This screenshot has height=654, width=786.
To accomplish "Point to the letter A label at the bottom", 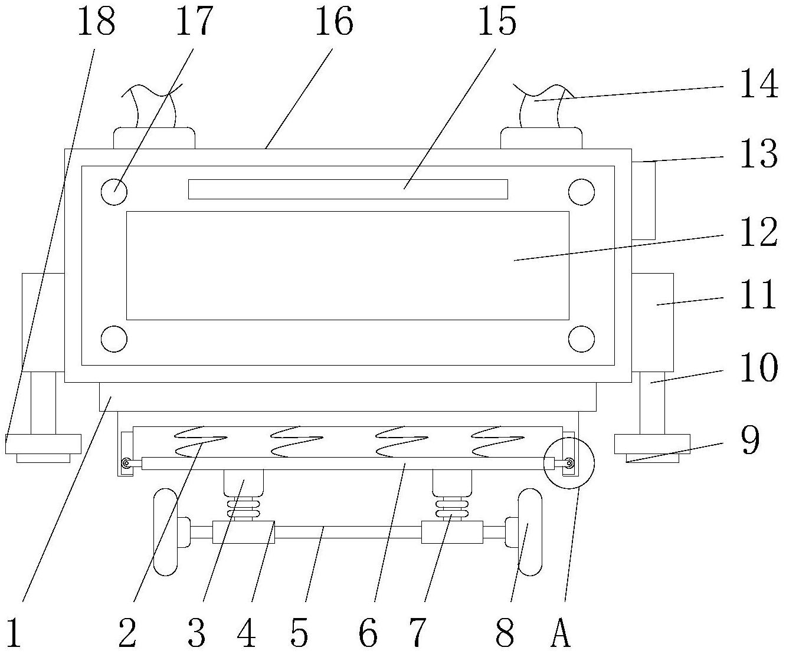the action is click(561, 635).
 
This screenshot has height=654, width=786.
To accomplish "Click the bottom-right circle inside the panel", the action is click(581, 339).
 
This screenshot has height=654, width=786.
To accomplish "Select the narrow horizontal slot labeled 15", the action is click(348, 189).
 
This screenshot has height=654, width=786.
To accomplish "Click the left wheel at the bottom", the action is click(165, 532).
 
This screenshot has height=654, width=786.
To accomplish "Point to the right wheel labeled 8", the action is click(529, 532).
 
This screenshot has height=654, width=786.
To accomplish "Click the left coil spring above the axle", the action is click(243, 507).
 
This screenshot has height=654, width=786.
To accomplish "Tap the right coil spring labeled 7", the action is click(451, 507).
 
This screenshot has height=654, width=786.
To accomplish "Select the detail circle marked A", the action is click(569, 463).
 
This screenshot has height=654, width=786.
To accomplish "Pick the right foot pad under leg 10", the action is click(652, 444).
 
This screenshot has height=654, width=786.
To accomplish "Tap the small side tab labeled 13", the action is click(644, 201).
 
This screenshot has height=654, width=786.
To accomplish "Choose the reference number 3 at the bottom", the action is click(196, 635).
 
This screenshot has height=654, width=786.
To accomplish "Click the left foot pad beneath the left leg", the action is click(43, 444).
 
